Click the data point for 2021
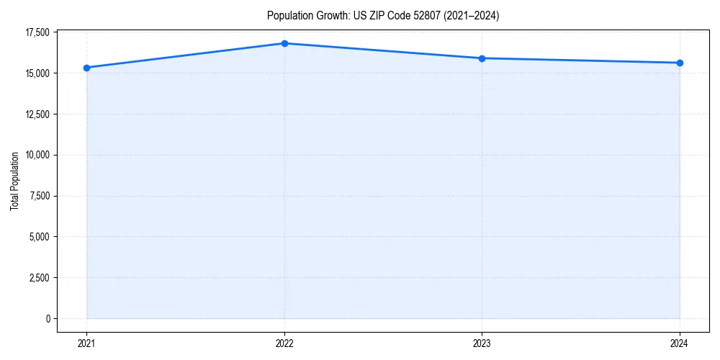click(86, 68)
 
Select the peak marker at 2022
click(284, 43)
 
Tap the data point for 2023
click(482, 58)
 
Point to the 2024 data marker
click(680, 63)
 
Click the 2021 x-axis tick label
click(86, 343)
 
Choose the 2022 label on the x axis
click(284, 343)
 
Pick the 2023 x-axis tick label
click(482, 343)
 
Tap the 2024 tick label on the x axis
click(680, 343)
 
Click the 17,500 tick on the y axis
click(37, 32)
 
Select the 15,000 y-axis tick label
click(37, 73)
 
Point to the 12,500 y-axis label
click(37, 114)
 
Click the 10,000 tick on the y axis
click(37, 155)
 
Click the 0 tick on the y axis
click(48, 318)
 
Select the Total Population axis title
click(14, 181)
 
